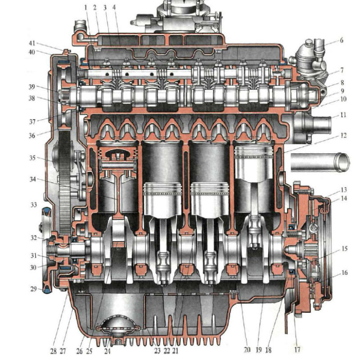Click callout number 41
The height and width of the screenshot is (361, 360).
click(32, 43)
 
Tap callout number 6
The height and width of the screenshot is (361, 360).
click(342, 40)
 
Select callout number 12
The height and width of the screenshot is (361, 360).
click(343, 135)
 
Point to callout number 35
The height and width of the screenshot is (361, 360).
click(32, 158)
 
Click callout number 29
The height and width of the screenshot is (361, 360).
click(34, 289)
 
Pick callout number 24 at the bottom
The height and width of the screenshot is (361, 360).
click(108, 351)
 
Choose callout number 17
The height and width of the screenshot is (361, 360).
click(297, 350)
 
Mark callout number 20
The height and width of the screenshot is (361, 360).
click(247, 350)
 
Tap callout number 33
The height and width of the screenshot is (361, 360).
click(34, 205)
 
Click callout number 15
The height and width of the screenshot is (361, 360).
click(344, 249)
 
